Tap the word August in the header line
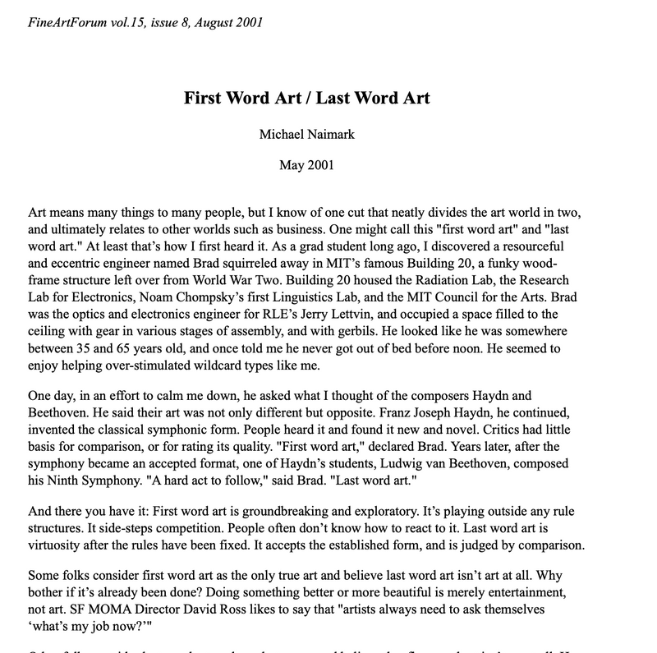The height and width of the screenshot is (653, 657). pos(208,22)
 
